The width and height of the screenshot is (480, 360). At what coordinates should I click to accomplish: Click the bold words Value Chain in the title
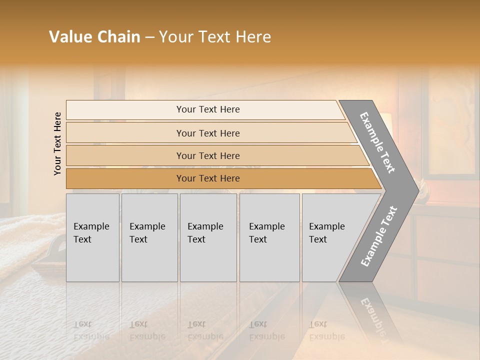point(94,37)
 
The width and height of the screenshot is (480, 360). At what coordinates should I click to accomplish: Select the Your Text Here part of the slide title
point(215,37)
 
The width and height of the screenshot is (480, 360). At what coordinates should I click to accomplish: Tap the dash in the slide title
point(149,37)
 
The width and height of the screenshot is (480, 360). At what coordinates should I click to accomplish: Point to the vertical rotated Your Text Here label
point(57,143)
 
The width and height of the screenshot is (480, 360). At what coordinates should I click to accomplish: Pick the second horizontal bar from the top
point(208,133)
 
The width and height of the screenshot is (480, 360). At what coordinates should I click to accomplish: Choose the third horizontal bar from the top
point(208,155)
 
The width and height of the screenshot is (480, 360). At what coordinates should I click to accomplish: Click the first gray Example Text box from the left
point(92,237)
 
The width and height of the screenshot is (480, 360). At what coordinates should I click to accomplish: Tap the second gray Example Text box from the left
point(149,237)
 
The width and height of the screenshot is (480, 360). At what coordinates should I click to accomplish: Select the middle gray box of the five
point(208,237)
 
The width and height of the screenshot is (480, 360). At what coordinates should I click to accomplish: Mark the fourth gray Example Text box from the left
point(269,237)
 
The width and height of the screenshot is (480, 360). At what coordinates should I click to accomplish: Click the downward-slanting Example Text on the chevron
point(377,142)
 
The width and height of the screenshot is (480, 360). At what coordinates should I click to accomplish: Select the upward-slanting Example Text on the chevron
point(378,236)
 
